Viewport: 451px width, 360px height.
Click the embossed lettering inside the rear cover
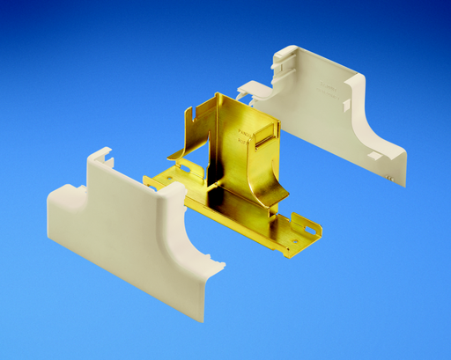[x=330, y=88]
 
